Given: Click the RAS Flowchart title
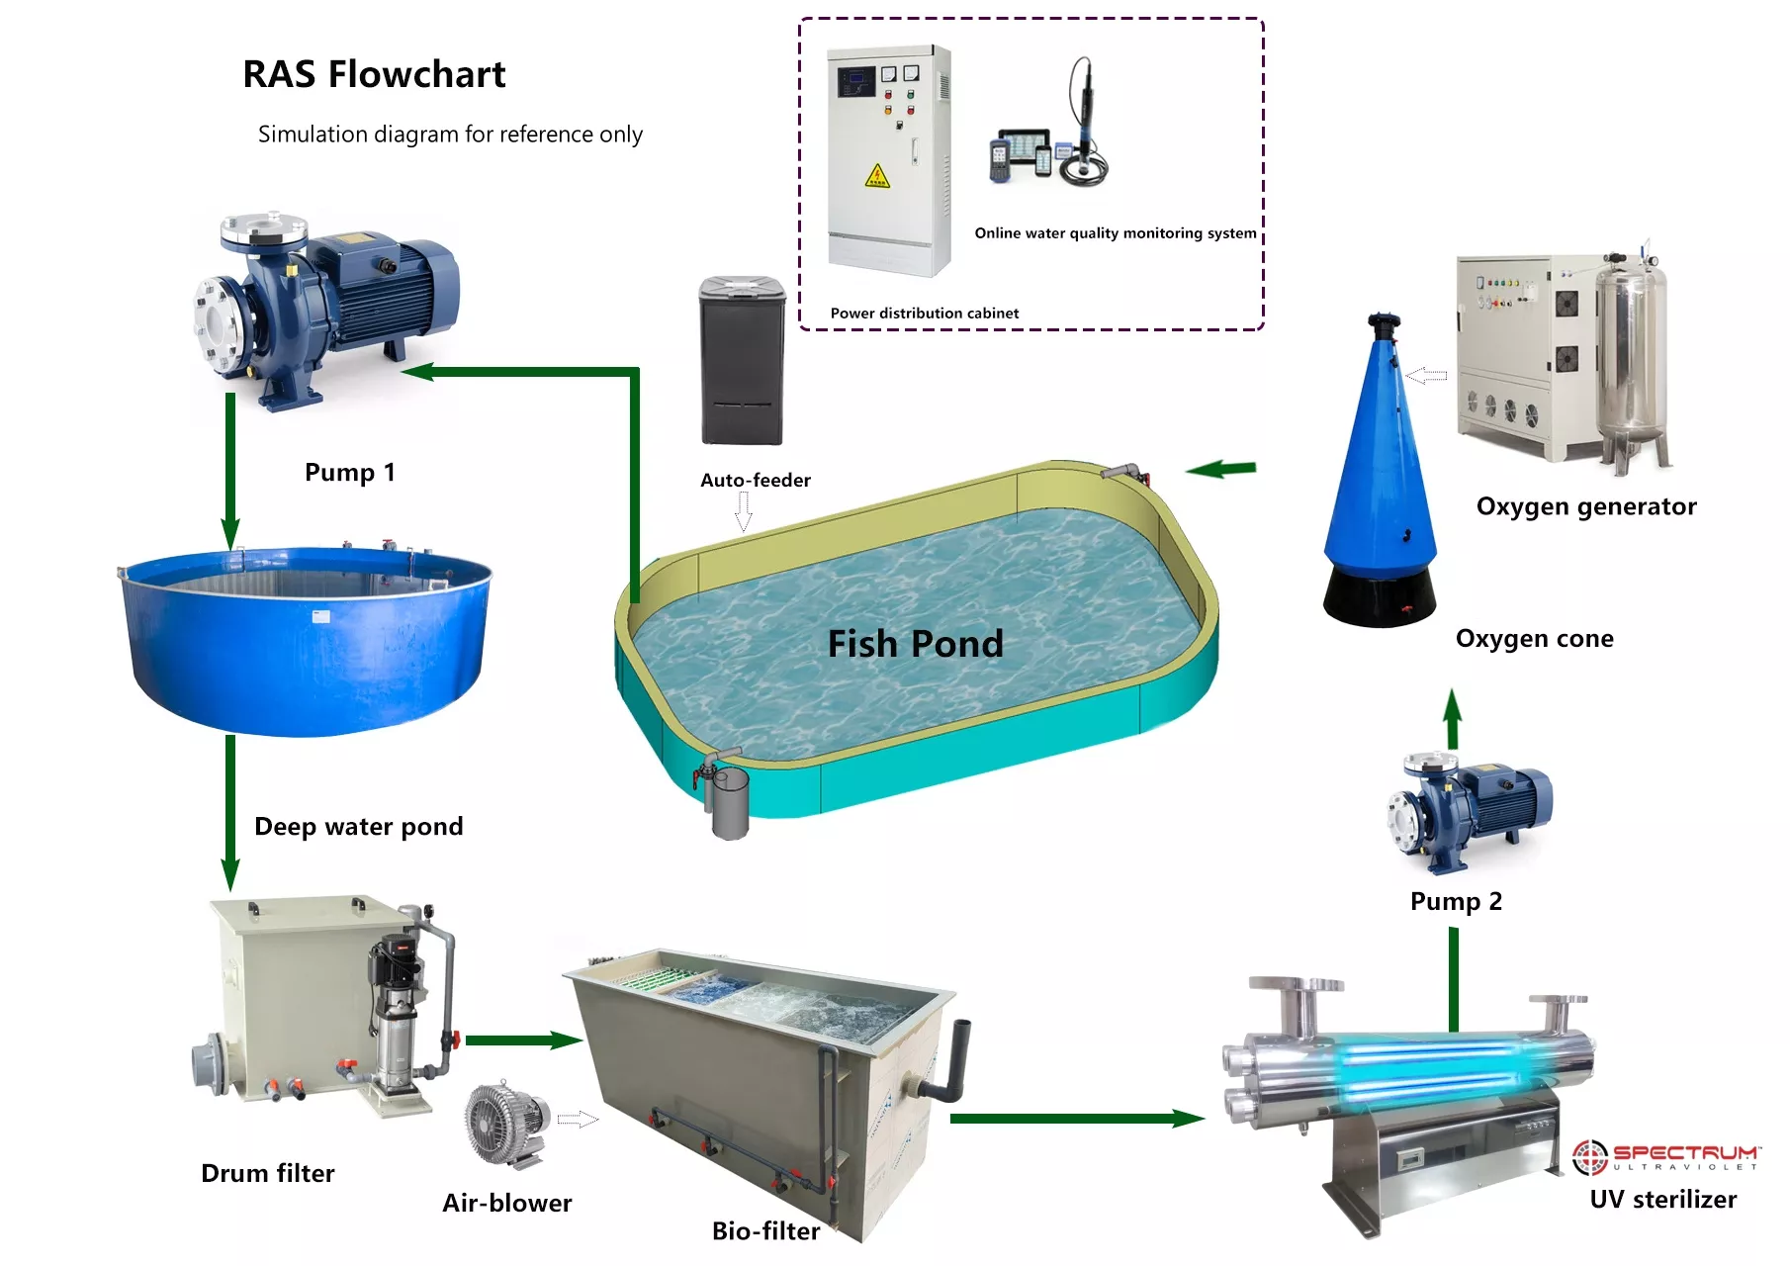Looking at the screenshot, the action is [x=374, y=74].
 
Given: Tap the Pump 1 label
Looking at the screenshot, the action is [x=349, y=472].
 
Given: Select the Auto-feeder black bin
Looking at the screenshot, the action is [x=742, y=360].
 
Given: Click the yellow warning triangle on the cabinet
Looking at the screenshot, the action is [x=877, y=176].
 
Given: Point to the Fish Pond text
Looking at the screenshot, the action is [x=915, y=644].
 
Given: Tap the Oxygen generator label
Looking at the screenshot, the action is [x=1586, y=506].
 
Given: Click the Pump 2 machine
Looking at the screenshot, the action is [x=1469, y=811].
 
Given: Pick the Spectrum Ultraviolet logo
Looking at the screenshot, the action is [x=1666, y=1156].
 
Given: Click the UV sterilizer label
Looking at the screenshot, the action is [x=1662, y=1199].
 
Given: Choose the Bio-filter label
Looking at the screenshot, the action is [x=765, y=1230].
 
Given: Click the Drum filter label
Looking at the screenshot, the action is [x=268, y=1173].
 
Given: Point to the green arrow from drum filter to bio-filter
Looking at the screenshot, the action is [x=524, y=1040].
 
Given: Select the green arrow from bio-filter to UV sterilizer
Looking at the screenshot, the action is [x=1078, y=1119].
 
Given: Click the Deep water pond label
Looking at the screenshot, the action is [x=358, y=827].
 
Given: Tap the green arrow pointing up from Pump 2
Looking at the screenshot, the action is [x=1452, y=719].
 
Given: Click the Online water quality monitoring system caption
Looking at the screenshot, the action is [x=1116, y=233].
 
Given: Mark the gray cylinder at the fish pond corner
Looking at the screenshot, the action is [x=730, y=803].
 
